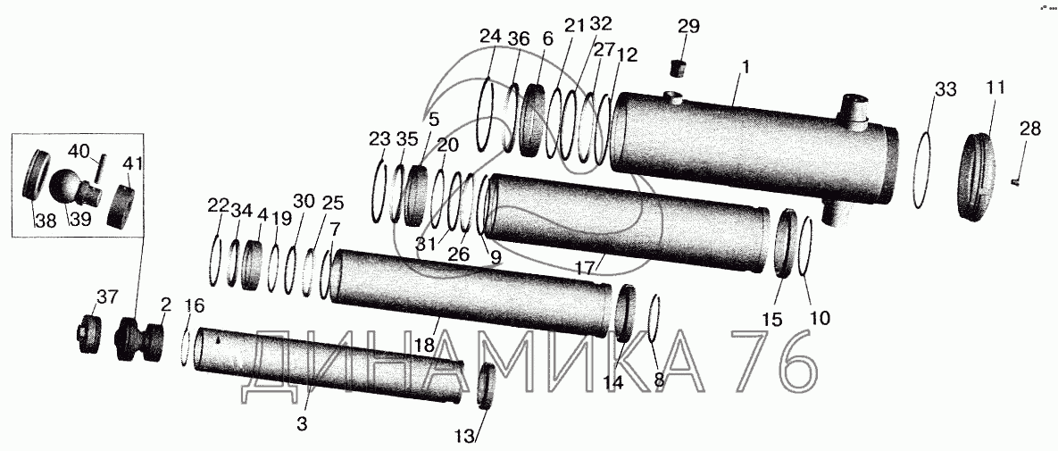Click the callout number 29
[689, 27]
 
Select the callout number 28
[1030, 129]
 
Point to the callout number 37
[106, 296]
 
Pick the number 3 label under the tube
[303, 424]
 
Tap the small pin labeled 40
[101, 167]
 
